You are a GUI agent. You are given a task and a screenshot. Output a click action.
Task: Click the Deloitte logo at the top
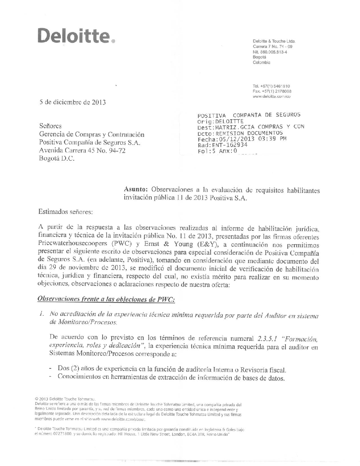(x=76, y=36)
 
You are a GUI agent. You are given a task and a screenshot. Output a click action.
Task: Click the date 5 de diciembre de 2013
(x=72, y=102)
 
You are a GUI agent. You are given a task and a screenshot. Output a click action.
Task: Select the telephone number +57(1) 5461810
(x=271, y=86)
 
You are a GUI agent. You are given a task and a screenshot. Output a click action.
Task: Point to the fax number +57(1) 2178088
(x=272, y=91)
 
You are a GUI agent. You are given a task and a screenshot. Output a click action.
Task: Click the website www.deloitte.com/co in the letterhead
(x=271, y=96)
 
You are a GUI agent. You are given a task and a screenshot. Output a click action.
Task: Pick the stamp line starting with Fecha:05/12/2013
(x=242, y=139)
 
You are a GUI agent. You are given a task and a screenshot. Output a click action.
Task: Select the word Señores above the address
(x=50, y=126)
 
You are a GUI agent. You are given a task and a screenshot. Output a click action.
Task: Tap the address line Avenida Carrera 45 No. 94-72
(x=82, y=151)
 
